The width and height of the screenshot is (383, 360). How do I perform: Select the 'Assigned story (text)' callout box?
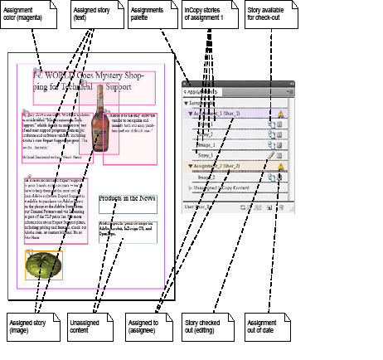pyautogui.click(x=92, y=16)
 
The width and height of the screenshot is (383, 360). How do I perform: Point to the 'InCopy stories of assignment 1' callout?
pyautogui.click(x=208, y=16)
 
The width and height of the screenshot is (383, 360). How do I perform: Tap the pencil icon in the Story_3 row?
pyautogui.click(x=271, y=154)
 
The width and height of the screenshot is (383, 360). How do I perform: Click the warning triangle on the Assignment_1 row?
pyautogui.click(x=281, y=114)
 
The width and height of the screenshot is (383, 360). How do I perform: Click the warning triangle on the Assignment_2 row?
pyautogui.click(x=281, y=166)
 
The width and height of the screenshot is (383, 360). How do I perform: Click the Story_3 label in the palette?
pyautogui.click(x=206, y=154)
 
